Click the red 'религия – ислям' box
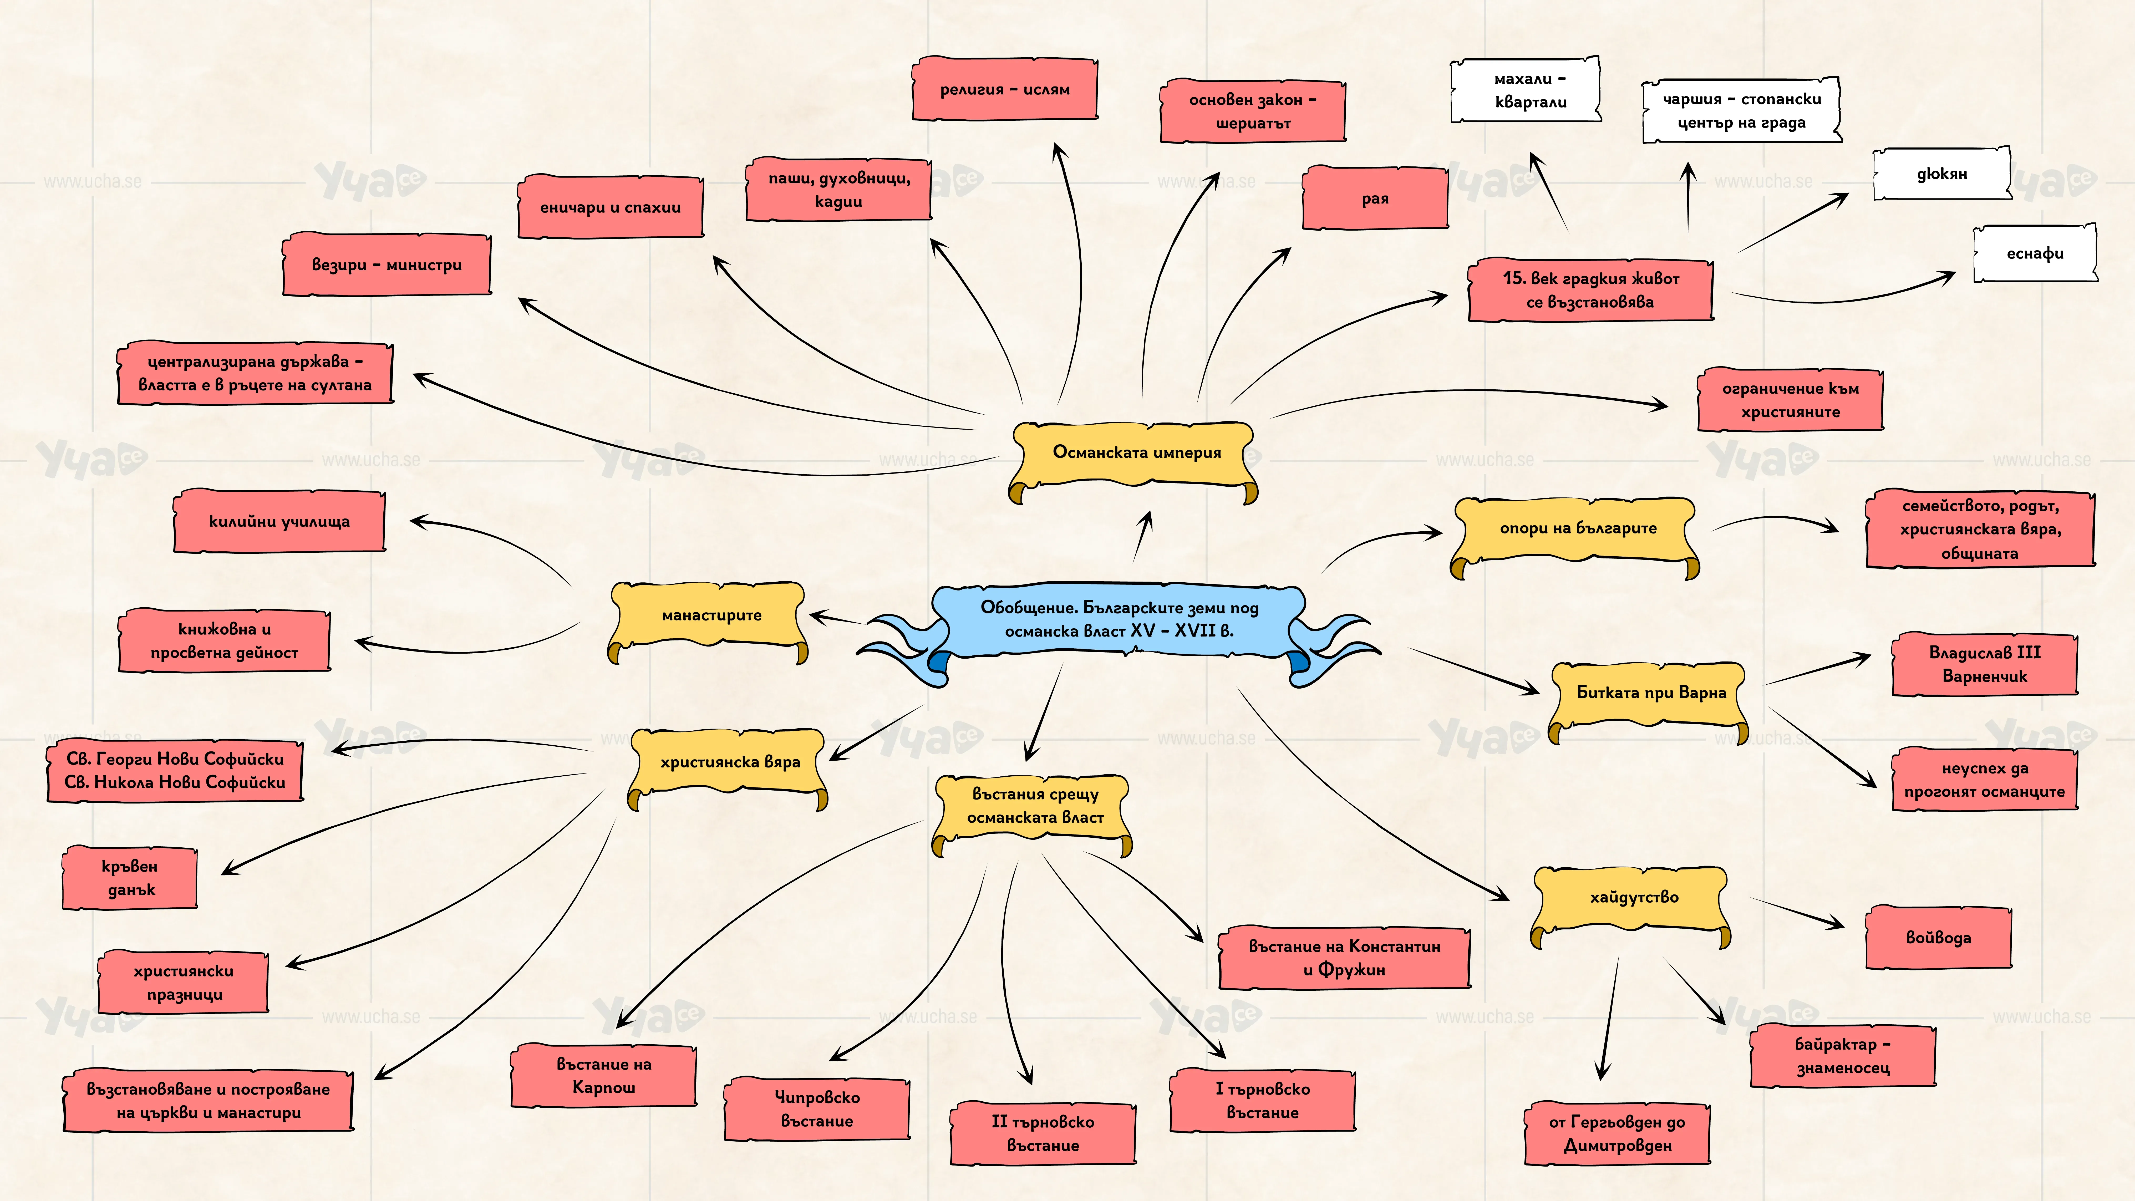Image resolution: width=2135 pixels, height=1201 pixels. pyautogui.click(x=1004, y=89)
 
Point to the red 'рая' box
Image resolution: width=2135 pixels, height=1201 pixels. pyautogui.click(x=1375, y=198)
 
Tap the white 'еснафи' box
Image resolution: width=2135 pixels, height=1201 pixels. pyautogui.click(x=2035, y=254)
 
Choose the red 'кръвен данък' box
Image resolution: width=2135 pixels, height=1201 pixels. pyautogui.click(x=129, y=878)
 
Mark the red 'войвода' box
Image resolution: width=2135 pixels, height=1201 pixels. pyautogui.click(x=1939, y=937)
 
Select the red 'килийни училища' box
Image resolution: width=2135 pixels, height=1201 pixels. pyautogui.click(x=279, y=521)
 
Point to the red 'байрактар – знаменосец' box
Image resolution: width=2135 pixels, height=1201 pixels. pyautogui.click(x=1842, y=1056)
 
